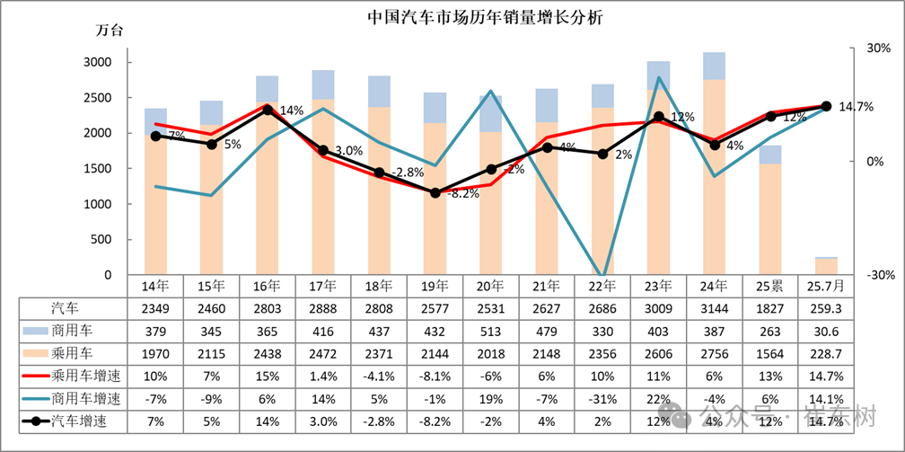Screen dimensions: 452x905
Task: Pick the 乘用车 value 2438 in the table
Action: (x=268, y=353)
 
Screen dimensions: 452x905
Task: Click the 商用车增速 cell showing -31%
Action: (x=602, y=398)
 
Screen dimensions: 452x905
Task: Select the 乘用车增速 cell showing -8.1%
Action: (x=435, y=376)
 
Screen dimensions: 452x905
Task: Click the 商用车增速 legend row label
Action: (x=85, y=398)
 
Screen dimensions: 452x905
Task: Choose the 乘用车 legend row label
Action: (x=73, y=353)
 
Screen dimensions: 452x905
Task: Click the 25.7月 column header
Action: (x=826, y=286)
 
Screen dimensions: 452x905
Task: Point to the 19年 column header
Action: (x=435, y=286)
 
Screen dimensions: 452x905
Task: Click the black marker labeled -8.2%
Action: (x=435, y=192)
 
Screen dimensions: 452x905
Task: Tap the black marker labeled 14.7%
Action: (x=826, y=106)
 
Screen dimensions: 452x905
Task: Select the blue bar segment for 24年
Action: (x=715, y=66)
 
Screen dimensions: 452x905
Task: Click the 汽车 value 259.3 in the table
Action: (x=826, y=308)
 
